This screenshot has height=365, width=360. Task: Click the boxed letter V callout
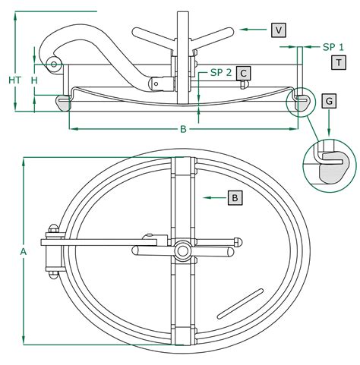tap(279, 30)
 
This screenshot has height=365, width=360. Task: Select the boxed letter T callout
tap(339, 62)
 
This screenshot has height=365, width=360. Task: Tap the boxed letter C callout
tap(243, 74)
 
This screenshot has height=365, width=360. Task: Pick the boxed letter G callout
tap(329, 101)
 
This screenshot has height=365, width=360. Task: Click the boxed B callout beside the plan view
tap(235, 197)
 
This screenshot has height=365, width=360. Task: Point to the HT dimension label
tap(15, 80)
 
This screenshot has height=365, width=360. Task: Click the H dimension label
tap(34, 80)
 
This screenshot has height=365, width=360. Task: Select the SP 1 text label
tap(333, 47)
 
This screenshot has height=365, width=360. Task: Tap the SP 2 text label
tap(221, 73)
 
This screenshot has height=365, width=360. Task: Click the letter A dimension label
tap(24, 252)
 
